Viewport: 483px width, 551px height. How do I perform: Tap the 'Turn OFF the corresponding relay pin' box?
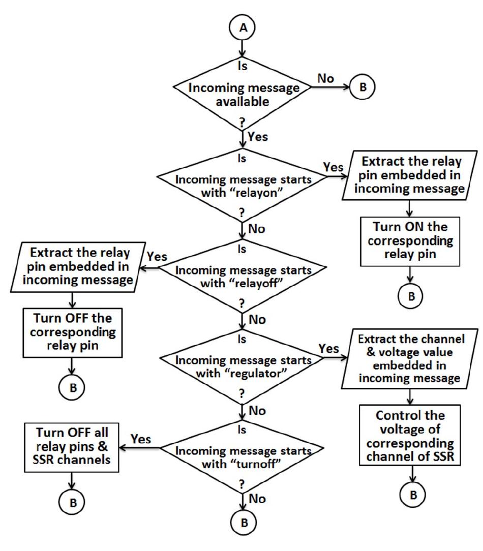coord(74,330)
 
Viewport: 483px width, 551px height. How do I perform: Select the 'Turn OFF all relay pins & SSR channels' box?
coord(74,440)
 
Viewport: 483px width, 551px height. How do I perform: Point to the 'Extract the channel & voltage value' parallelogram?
coord(411,358)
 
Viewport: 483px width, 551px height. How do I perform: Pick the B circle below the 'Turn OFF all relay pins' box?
coord(73,501)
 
